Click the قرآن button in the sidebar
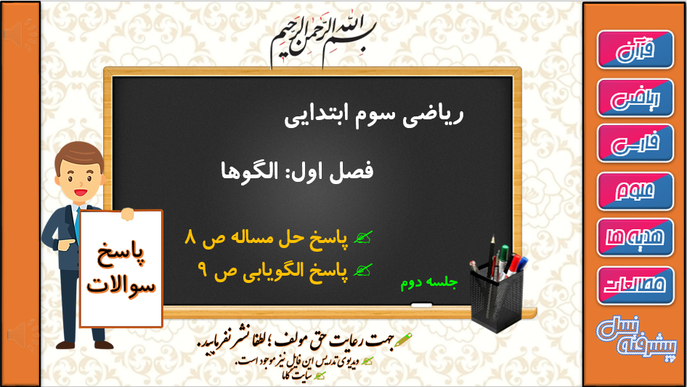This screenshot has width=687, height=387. click(635, 49)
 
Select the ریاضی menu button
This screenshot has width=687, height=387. click(635, 98)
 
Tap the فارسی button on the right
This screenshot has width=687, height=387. click(635, 143)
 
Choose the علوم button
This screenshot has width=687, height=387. click(635, 191)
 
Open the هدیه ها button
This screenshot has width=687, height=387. click(635, 237)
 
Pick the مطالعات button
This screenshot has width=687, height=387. click(635, 285)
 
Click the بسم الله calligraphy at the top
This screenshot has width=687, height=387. click(323, 39)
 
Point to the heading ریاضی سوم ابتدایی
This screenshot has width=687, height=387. click(374, 115)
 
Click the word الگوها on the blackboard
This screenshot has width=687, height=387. click(249, 171)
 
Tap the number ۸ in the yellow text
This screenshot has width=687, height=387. click(190, 237)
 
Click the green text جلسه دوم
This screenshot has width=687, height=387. click(429, 282)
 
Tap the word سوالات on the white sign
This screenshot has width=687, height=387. click(121, 286)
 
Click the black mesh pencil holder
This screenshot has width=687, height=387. click(497, 298)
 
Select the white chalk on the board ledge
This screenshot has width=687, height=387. click(421, 305)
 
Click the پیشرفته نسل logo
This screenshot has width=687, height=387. click(637, 338)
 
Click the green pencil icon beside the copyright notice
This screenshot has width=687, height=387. click(403, 340)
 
